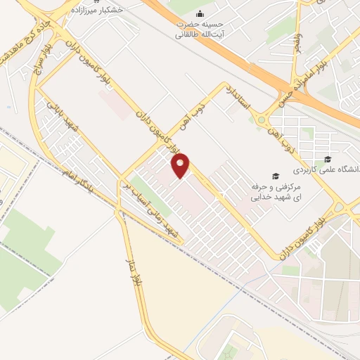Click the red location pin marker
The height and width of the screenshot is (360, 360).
click(x=181, y=167)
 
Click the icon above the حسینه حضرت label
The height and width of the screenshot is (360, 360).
click(x=200, y=13)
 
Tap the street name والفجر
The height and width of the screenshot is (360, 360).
click(x=298, y=40)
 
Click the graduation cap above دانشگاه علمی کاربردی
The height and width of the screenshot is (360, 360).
click(x=327, y=158)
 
